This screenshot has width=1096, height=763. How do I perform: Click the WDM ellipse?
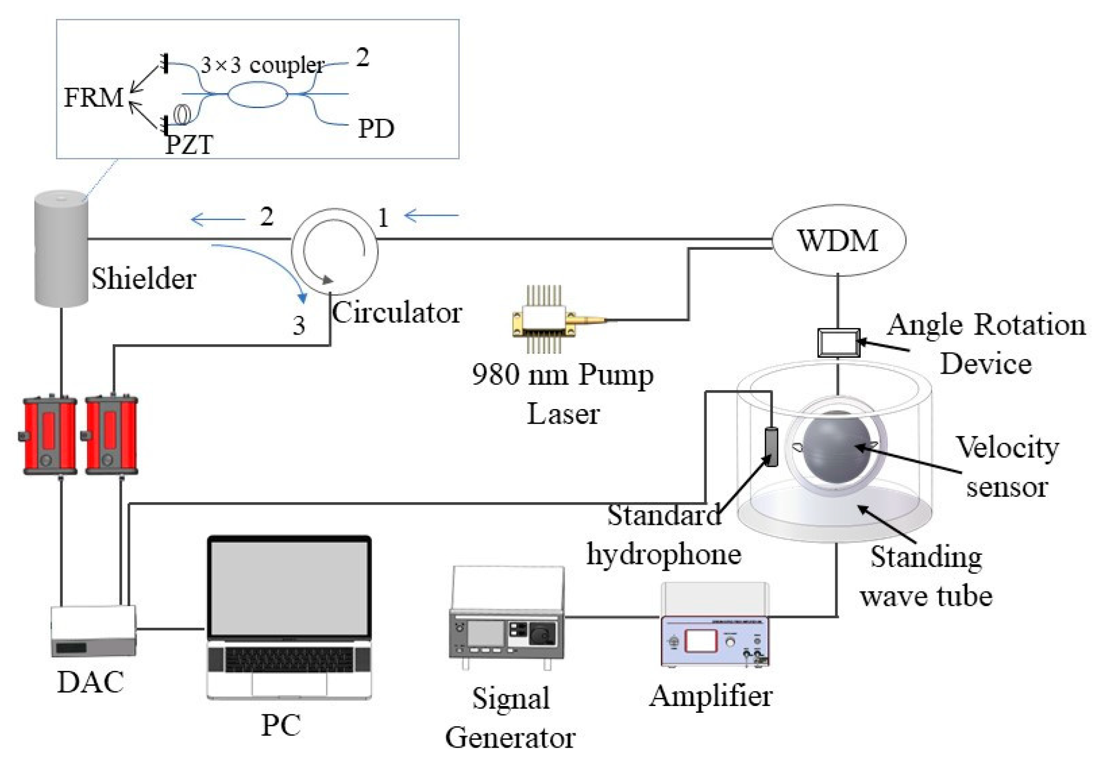838,240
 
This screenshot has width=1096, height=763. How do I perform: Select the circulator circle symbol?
334,251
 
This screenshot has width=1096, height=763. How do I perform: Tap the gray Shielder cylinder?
61,249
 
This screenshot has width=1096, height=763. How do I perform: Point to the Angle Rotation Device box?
838,342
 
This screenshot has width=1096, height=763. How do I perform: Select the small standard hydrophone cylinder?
771,447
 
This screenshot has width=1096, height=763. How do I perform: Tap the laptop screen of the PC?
289,588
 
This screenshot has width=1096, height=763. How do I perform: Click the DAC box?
94,631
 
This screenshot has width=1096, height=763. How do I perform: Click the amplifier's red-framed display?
701,641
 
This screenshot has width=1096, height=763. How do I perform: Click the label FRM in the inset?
94,98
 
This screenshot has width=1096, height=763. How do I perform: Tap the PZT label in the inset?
189,144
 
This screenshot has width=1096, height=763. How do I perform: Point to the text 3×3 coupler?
262,65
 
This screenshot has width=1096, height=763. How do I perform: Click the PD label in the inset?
376,128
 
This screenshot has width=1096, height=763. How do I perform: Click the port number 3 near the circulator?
299,325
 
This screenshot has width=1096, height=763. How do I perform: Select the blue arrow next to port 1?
431,215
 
